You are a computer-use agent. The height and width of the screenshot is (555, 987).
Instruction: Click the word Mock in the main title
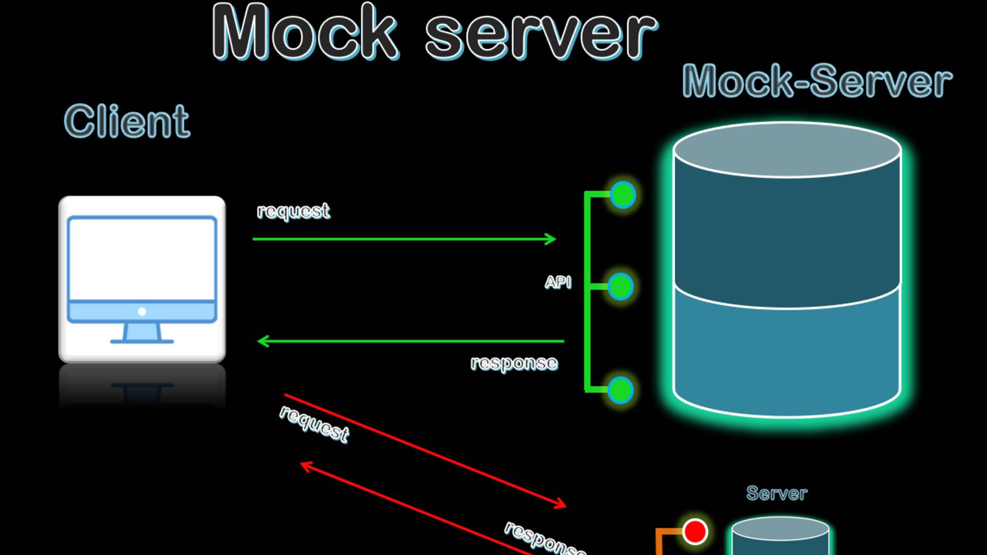306,32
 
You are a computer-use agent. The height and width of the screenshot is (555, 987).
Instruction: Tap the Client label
127,122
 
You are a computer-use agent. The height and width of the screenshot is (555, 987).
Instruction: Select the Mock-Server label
817,81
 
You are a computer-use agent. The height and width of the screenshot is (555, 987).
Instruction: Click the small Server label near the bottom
777,493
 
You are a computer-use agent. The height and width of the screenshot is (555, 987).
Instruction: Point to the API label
558,282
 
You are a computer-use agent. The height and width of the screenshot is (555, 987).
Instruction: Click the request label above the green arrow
293,211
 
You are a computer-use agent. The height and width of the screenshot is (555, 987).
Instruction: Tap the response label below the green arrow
514,363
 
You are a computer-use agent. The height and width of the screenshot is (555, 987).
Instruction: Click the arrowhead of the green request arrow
552,239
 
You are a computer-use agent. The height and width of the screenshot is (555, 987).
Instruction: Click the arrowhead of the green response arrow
262,341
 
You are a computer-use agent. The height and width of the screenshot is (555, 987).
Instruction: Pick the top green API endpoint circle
622,195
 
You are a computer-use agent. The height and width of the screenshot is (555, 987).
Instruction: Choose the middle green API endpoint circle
620,286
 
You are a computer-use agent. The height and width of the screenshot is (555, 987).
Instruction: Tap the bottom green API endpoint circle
620,390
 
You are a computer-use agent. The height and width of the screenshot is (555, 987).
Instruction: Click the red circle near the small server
695,532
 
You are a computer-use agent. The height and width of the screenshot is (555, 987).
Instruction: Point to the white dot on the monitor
142,311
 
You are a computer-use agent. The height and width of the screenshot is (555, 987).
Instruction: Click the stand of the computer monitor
142,333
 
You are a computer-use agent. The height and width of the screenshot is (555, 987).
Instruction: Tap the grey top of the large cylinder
787,150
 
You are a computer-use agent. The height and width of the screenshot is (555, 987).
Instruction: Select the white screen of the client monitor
142,258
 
